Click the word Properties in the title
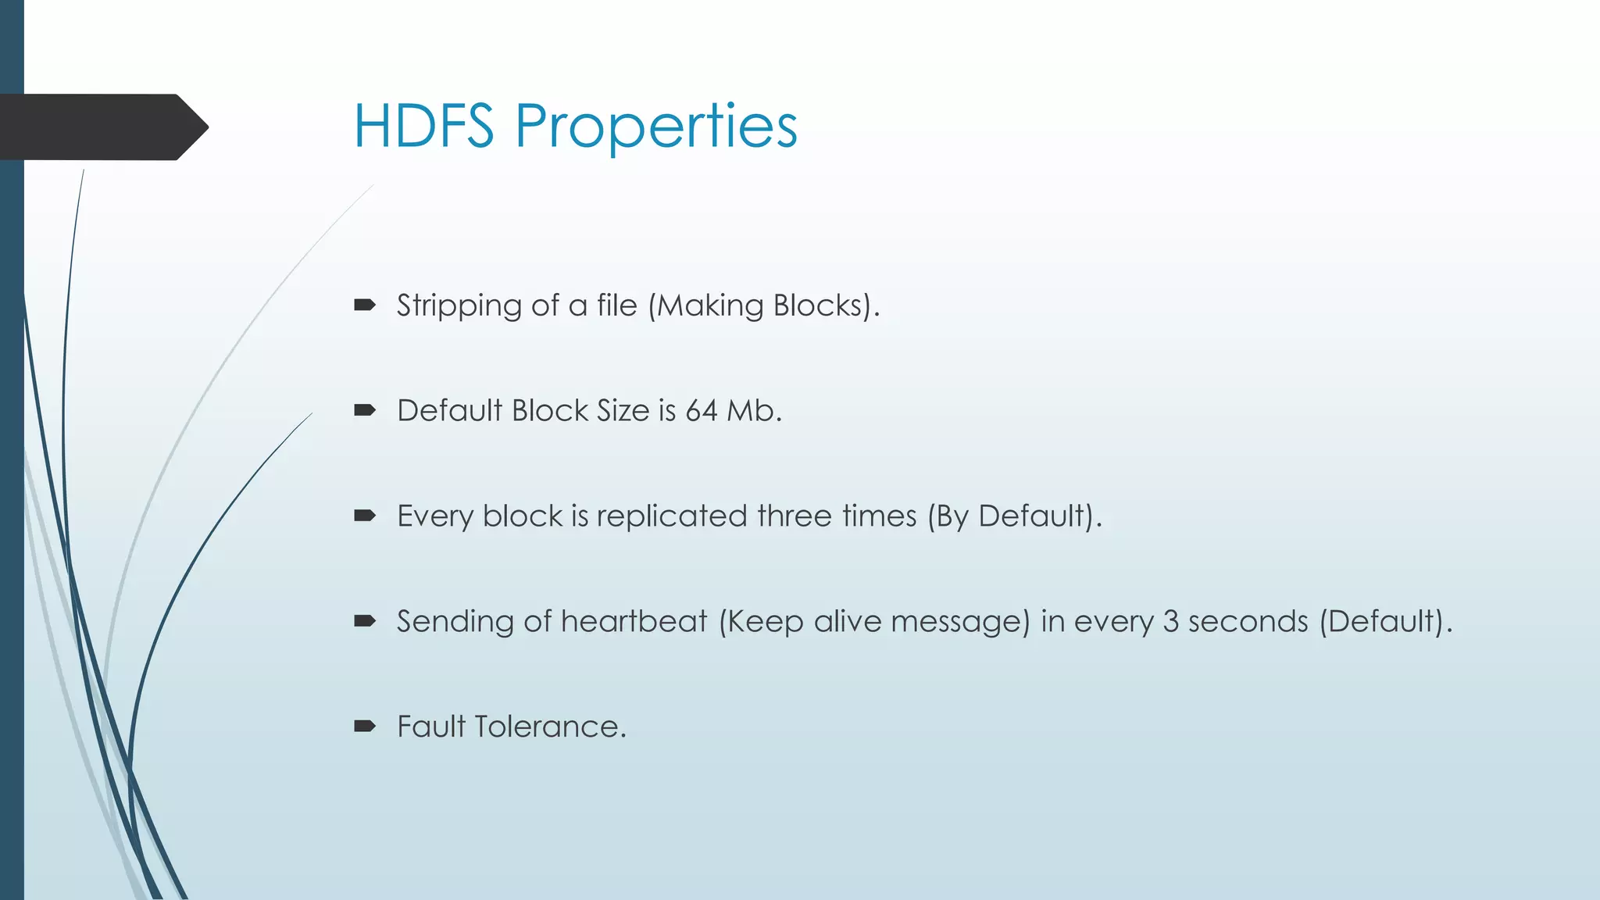click(656, 127)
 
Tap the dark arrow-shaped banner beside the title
click(102, 127)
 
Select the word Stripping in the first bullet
click(459, 305)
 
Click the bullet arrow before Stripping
click(365, 305)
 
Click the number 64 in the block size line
click(701, 410)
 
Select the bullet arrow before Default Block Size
click(365, 410)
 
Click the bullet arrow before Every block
click(365, 516)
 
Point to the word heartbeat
click(634, 621)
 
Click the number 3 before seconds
click(1170, 621)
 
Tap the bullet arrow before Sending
click(365, 621)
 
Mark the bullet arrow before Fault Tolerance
click(365, 727)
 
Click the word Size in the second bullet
click(623, 410)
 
